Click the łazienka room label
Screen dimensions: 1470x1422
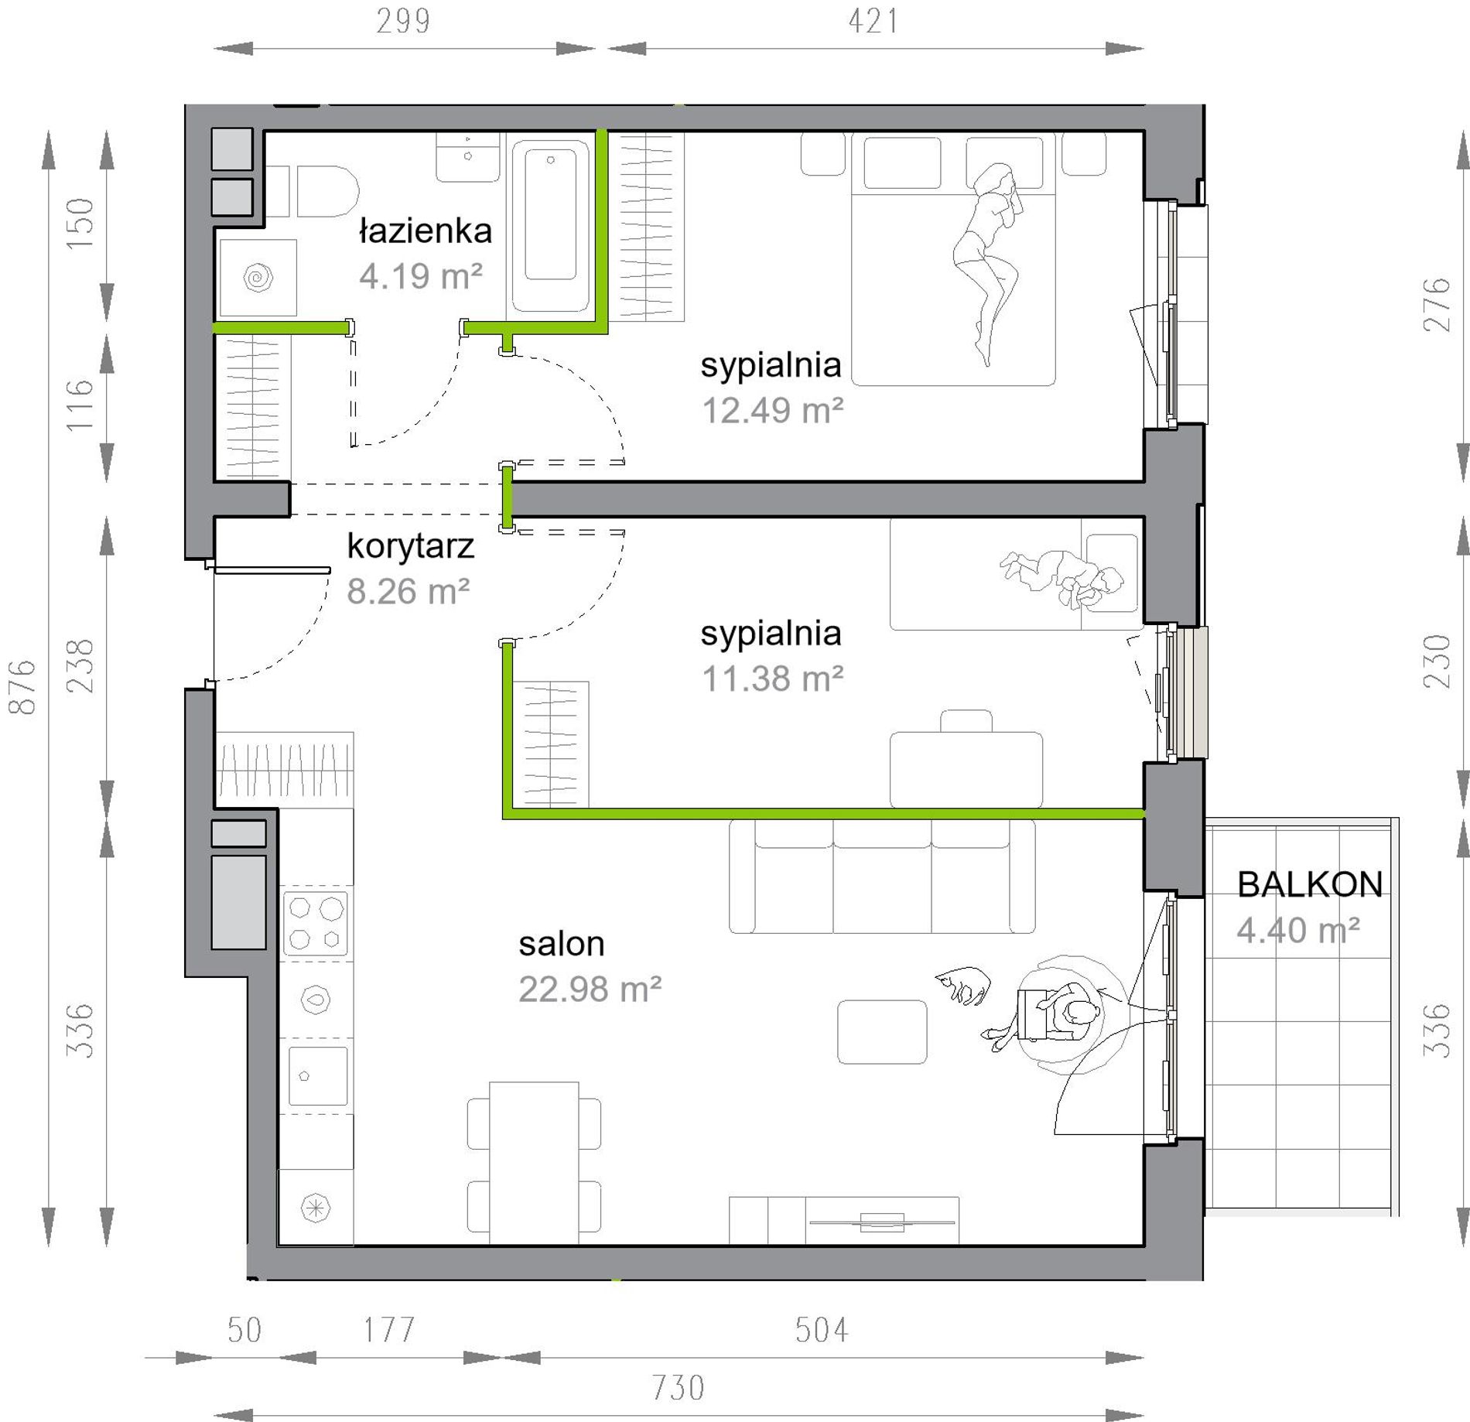[x=426, y=231]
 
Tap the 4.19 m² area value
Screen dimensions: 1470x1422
[x=421, y=276]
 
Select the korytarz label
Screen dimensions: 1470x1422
[x=410, y=547]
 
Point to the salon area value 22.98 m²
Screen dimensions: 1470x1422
[x=590, y=990]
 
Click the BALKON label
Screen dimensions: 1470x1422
[x=1310, y=884]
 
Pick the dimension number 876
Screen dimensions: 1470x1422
[x=22, y=687]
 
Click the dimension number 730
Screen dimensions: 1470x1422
[x=678, y=1388]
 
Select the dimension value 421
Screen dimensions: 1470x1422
[x=873, y=21]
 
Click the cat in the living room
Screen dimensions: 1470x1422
[x=964, y=985]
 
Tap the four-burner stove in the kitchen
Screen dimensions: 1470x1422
[x=316, y=923]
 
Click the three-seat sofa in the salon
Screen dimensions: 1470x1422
[x=882, y=877]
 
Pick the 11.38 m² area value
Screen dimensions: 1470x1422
[x=772, y=679]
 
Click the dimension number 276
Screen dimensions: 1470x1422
[x=1437, y=305]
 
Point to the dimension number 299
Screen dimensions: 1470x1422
[x=403, y=21]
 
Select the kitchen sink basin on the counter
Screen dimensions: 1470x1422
[x=317, y=1075]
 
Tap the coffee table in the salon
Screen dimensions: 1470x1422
[x=882, y=1031]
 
